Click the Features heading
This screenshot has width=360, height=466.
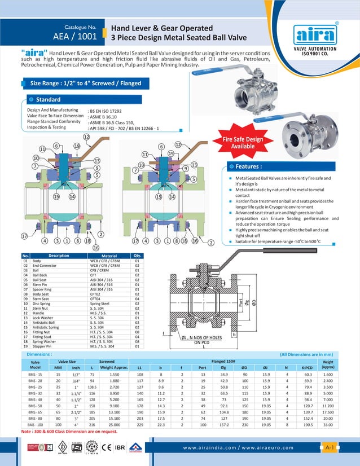pyautogui.click(x=248, y=166)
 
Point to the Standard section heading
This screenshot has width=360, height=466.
pyautogui.click(x=48, y=99)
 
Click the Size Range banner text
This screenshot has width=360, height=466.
pyautogui.click(x=85, y=83)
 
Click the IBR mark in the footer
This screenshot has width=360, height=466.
pyautogui.click(x=120, y=449)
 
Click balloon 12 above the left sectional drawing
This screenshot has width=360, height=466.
pyautogui.click(x=86, y=137)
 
